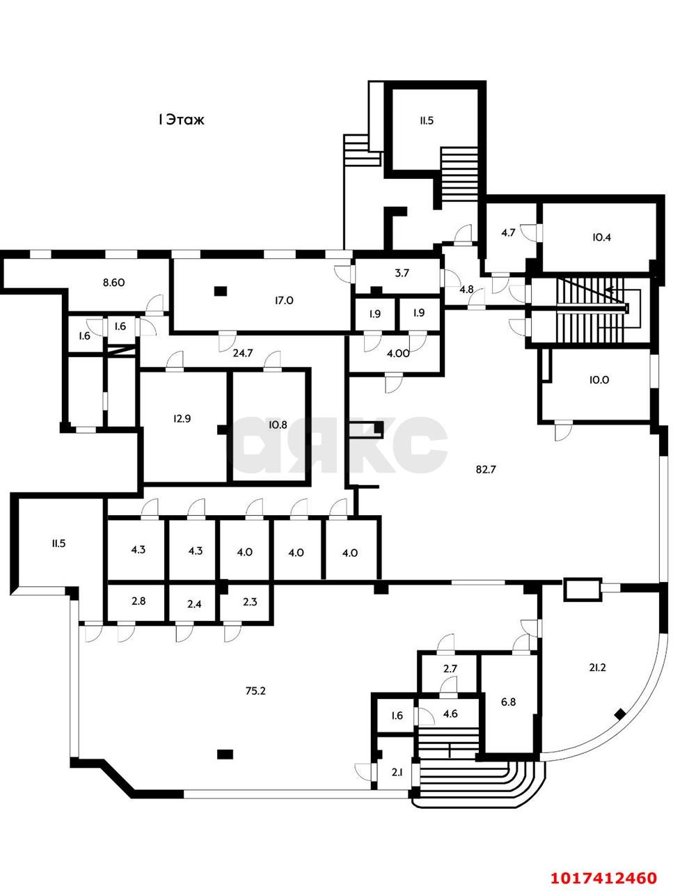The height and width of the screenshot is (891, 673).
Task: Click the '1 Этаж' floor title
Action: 181,120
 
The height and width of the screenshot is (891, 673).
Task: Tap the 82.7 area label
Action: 486,470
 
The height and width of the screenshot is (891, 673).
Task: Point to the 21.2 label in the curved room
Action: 597,668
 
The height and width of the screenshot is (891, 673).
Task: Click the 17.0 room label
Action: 284,301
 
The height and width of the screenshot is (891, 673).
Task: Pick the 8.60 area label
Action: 113,282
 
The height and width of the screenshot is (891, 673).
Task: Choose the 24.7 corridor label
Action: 243,353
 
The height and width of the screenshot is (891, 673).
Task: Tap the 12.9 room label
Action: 182,418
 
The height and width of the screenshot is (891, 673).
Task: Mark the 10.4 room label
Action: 601,237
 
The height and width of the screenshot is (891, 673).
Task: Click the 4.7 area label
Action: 508,233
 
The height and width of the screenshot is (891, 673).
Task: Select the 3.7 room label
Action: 402,273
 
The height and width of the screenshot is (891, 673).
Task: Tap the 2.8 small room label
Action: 138,601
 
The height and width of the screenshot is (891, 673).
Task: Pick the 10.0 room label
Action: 599,380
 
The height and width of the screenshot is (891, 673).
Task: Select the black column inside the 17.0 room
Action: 221,291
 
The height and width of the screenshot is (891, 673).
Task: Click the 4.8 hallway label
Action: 466,290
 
